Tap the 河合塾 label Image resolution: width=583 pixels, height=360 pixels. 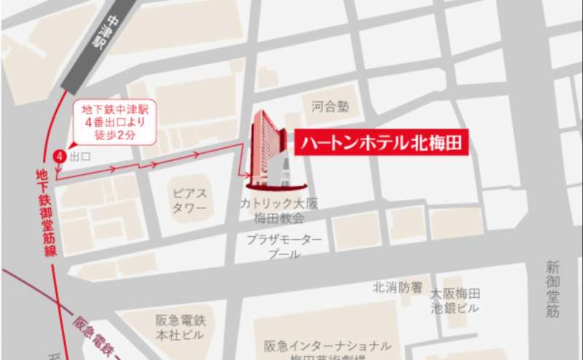[x=325, y=106]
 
